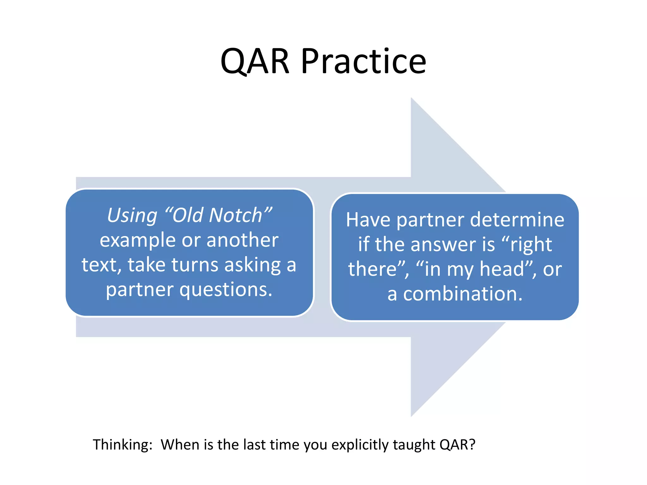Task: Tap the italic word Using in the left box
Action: pyautogui.click(x=132, y=215)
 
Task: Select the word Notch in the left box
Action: pyautogui.click(x=235, y=215)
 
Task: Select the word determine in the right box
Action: pyautogui.click(x=517, y=220)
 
